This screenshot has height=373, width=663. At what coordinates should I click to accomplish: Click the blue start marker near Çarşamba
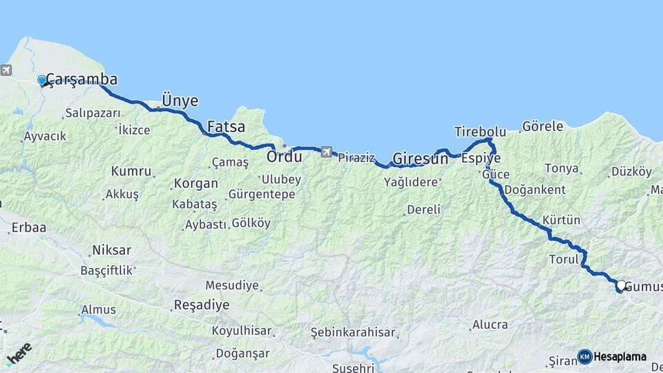42,80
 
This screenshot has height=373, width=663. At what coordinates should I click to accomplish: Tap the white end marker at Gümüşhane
621,285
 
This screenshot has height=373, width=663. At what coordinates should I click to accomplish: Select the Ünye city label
180,101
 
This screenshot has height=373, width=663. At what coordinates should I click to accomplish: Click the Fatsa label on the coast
225,127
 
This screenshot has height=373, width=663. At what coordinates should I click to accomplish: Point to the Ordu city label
285,157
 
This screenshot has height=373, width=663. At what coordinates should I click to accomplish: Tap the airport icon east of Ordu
326,151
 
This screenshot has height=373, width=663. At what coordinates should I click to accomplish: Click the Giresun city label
420,160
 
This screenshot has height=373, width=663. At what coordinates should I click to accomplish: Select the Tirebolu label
480,131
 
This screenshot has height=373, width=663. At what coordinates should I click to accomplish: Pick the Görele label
542,126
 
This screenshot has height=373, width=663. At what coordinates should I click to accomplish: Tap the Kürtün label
561,220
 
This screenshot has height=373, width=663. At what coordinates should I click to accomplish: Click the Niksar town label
111,250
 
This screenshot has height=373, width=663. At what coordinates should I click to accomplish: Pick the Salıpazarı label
93,113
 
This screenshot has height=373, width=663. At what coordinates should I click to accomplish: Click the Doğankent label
535,190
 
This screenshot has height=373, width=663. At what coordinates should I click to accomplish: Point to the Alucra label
490,325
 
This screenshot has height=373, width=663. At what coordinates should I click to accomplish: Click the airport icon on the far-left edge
6,70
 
